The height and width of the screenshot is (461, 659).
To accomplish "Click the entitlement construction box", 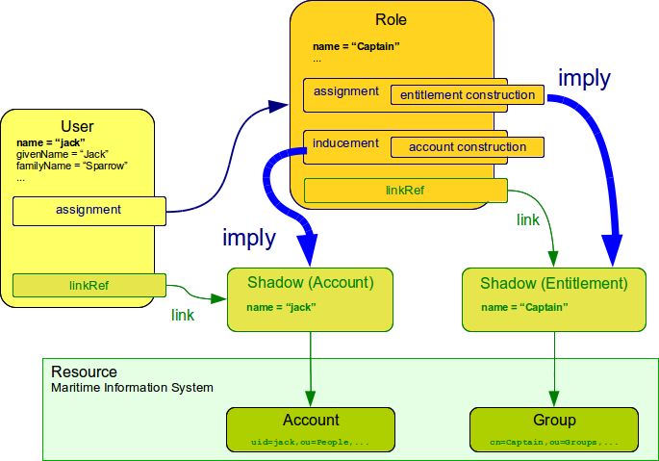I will [x=467, y=95].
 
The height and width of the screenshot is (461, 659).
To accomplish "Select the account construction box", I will [x=467, y=147].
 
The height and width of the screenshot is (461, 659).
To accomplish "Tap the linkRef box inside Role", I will [x=405, y=191].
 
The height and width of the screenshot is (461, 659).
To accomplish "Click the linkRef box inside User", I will [x=89, y=285].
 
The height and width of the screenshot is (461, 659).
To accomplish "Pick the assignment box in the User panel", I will [x=89, y=210].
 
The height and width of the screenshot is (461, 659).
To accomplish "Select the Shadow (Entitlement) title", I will [x=553, y=283].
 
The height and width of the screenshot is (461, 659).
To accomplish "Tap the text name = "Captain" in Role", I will [x=355, y=46].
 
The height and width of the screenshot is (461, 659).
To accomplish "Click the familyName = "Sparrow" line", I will [x=72, y=166].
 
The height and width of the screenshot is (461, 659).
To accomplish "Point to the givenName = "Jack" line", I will [x=63, y=154].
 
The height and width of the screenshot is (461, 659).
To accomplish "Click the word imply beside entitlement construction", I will [x=584, y=79].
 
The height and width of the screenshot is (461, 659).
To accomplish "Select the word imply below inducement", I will [x=248, y=238].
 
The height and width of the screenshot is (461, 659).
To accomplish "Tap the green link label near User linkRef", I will [x=184, y=315].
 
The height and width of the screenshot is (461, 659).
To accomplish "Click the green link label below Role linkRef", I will [x=528, y=220].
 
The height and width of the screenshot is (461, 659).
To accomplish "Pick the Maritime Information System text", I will [x=132, y=387].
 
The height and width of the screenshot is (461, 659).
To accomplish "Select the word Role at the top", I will [x=391, y=19].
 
